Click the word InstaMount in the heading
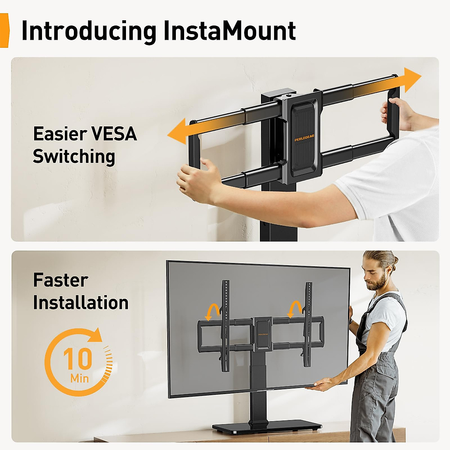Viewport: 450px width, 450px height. (x=229, y=31)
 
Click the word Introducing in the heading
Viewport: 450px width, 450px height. (x=88, y=31)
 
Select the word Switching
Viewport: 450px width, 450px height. (x=74, y=157)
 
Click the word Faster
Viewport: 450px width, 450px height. (x=60, y=280)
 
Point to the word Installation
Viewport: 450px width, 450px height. (x=81, y=303)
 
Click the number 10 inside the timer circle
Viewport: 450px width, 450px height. (x=78, y=359)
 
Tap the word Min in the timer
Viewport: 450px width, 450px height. (x=79, y=378)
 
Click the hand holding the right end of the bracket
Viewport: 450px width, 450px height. (x=397, y=112)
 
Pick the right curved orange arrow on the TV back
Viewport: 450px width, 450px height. (x=295, y=309)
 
